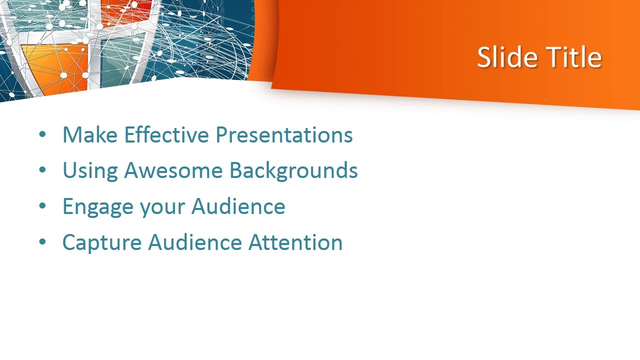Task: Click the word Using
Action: (90, 170)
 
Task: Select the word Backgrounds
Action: (293, 170)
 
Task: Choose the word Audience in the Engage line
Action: (238, 206)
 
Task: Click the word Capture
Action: (101, 242)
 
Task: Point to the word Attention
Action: (295, 242)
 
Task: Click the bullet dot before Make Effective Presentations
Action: (42, 134)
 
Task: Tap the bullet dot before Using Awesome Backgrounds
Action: (42, 170)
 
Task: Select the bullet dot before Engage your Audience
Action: (42, 206)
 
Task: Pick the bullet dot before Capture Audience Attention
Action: (42, 242)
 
